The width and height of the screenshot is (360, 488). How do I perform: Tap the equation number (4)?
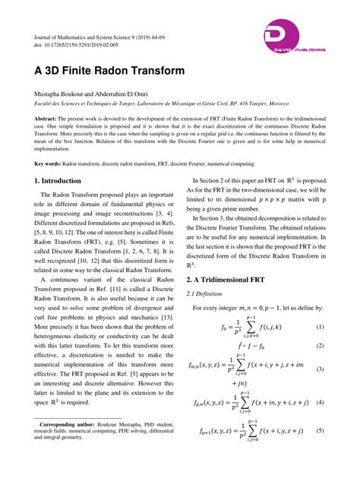(x=320, y=401)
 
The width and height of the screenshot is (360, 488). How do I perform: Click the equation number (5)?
(x=320, y=431)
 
